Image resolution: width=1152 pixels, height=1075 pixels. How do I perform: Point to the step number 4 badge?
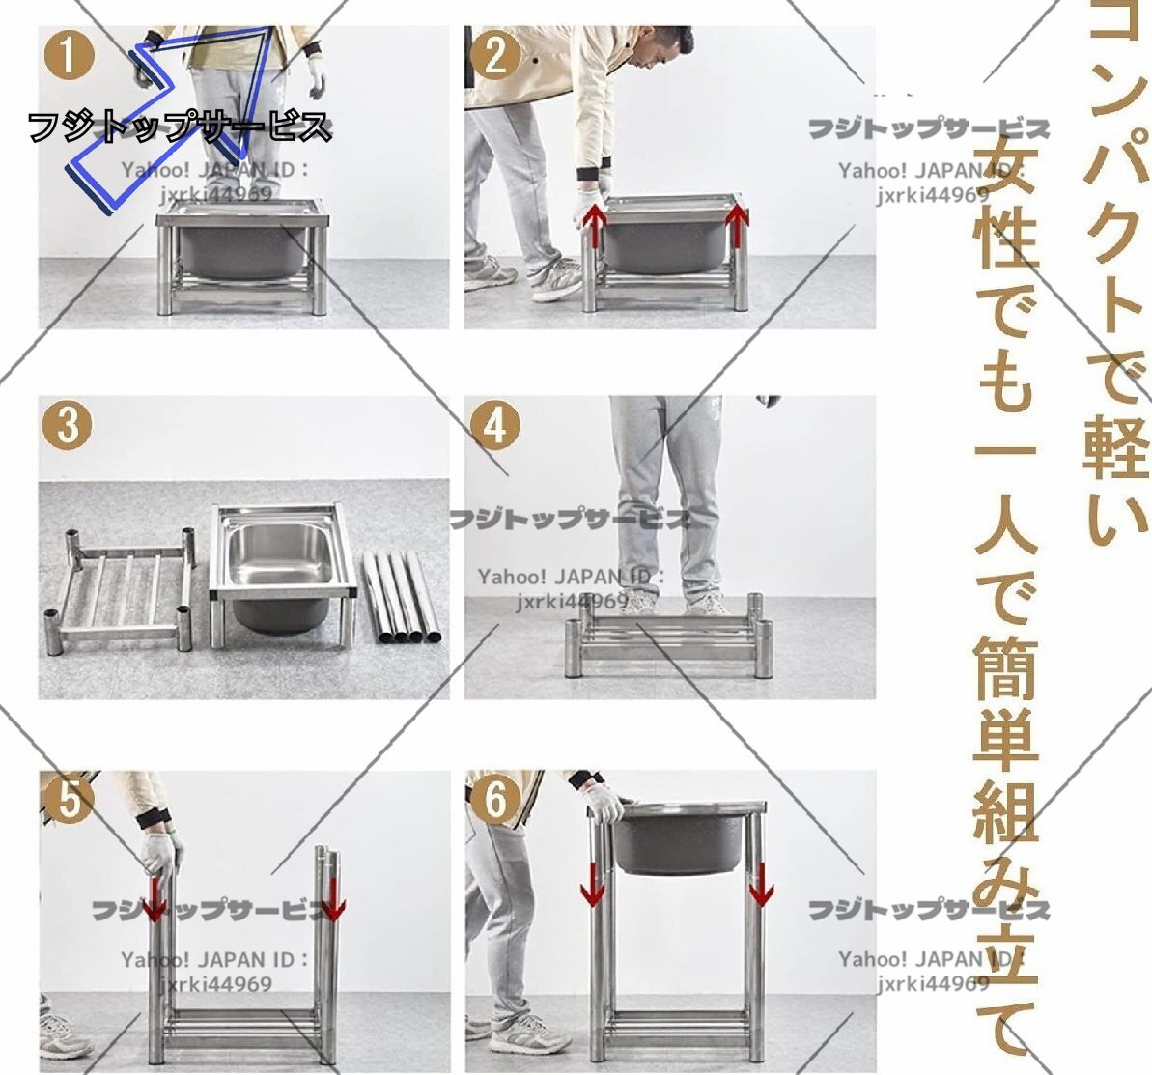click(495, 425)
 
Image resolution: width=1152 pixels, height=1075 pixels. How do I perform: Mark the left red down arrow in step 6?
click(592, 884)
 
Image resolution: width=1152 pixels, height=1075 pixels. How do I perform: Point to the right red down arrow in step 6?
click(761, 884)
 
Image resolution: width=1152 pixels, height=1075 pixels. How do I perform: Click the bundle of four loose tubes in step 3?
click(402, 597)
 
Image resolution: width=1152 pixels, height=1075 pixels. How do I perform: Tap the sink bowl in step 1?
click(242, 249)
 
